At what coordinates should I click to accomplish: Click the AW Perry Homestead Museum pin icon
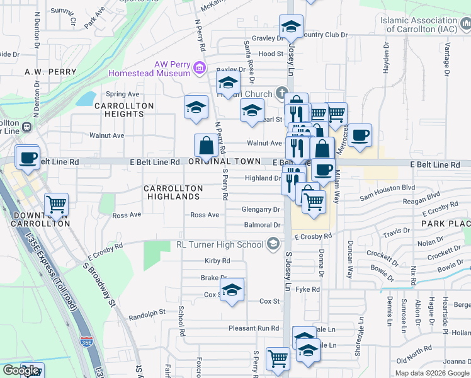pos(200,67)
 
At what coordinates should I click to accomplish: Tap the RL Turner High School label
pos(220,244)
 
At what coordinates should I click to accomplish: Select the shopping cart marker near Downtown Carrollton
pos(56,203)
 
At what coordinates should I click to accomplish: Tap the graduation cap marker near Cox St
pos(232,290)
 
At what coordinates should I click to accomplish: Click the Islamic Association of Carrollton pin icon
pos(464,25)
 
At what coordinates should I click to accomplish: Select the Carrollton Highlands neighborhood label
pos(173,193)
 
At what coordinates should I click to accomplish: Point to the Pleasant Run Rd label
pos(253,328)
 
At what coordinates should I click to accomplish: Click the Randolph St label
pos(147,312)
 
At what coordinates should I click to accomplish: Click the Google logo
pos(20,370)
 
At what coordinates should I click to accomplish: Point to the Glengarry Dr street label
pos(261,209)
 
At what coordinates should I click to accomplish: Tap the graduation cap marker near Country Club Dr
pos(291,27)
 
